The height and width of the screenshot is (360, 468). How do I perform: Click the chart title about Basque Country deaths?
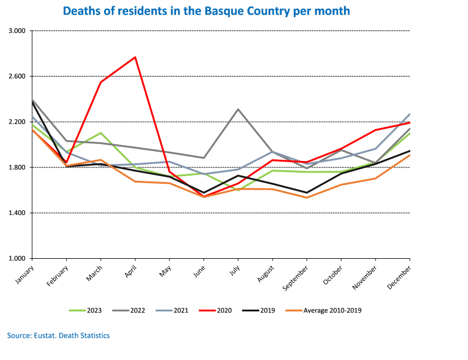coord(206,11)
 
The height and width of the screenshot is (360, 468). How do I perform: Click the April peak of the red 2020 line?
coord(135,57)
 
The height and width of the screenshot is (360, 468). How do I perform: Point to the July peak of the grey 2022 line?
coord(238,109)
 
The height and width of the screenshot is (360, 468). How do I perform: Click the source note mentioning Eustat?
coord(58,335)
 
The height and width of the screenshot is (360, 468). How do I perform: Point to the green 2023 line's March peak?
coord(101,133)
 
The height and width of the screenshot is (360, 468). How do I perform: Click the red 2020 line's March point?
coord(101,82)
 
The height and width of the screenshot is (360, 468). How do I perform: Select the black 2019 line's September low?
coord(307,193)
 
